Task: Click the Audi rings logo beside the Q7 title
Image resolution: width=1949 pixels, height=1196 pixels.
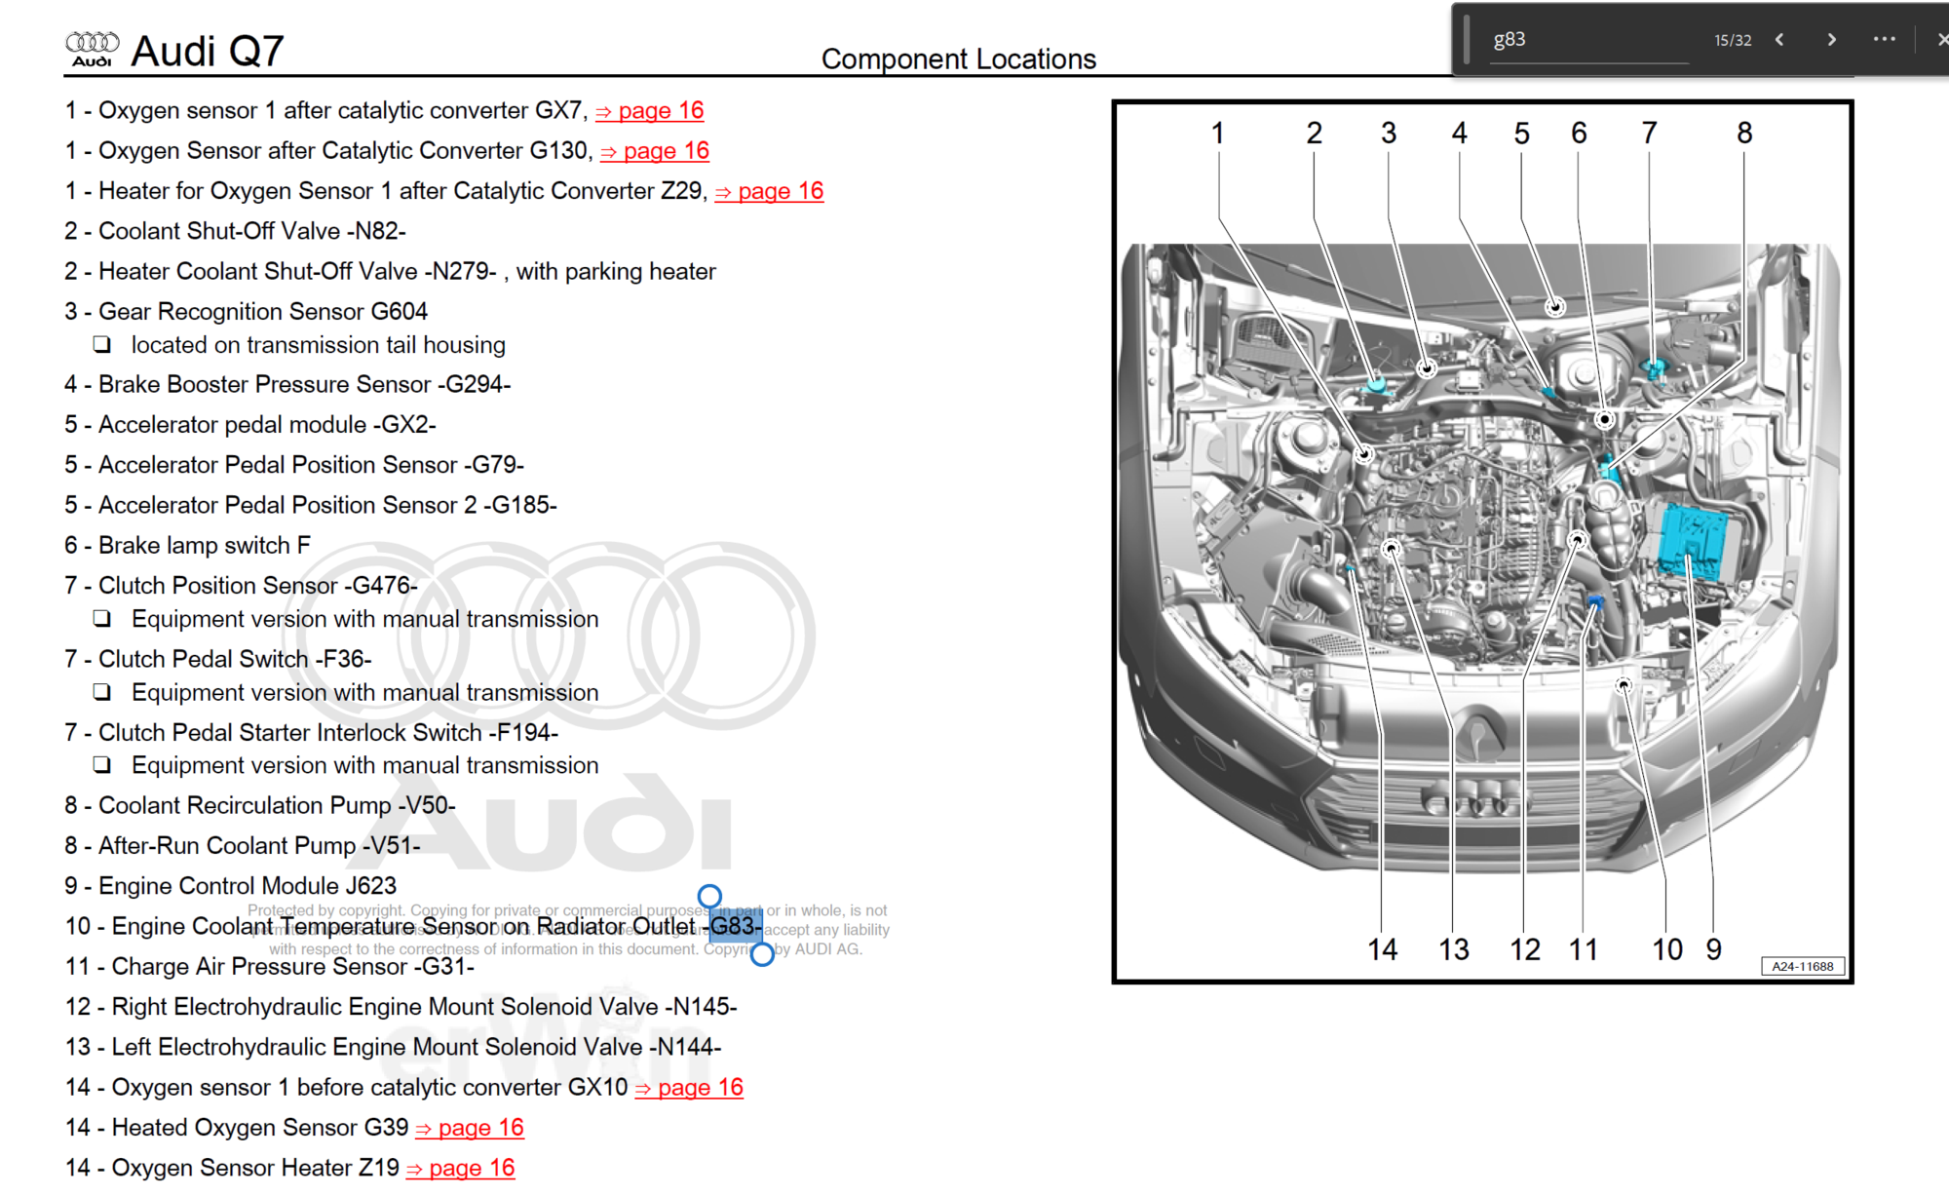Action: [92, 48]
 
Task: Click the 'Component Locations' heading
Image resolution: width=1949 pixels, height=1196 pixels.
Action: [958, 59]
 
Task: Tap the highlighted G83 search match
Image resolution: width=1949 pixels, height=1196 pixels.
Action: [735, 926]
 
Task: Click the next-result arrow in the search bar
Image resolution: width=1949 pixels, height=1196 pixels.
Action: [1831, 40]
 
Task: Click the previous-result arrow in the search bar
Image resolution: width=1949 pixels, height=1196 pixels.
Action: [1779, 40]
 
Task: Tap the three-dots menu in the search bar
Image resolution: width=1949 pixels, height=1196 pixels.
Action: [1884, 40]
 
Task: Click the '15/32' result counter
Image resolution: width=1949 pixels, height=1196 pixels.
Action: [1733, 41]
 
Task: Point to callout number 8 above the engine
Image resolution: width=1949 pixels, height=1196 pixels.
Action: [1744, 134]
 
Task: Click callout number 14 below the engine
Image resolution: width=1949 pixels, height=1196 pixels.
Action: [1382, 949]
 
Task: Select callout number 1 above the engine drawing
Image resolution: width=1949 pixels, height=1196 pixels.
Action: [1217, 134]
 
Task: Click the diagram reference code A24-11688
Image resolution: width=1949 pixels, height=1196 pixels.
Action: [1802, 966]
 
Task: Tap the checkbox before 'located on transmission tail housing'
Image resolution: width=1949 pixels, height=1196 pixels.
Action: [102, 345]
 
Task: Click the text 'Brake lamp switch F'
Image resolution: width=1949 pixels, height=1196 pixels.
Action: [205, 546]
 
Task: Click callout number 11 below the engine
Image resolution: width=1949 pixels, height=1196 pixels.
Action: [1583, 949]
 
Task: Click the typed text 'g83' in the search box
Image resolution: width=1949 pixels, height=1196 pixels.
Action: [1510, 40]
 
